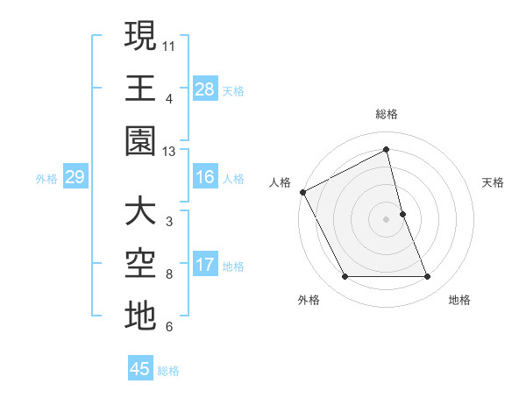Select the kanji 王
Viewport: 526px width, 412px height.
(140, 89)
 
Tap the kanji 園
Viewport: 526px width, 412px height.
(140, 142)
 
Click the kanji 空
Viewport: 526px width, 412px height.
(140, 264)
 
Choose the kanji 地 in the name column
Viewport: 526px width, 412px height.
(140, 317)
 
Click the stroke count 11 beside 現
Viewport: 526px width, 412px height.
(169, 44)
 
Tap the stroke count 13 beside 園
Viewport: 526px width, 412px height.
(169, 152)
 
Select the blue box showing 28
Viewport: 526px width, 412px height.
(205, 89)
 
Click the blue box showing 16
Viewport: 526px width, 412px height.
(205, 178)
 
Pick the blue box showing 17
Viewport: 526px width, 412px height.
(205, 266)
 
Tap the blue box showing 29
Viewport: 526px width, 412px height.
(74, 178)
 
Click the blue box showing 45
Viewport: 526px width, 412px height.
(140, 369)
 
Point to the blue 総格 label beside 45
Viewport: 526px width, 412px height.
(168, 371)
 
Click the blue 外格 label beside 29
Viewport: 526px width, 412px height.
(46, 179)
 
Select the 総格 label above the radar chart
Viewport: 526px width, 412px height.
(387, 114)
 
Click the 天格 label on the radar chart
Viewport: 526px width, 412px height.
(494, 182)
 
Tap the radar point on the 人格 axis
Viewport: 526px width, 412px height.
(303, 191)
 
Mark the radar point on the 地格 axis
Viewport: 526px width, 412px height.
(428, 277)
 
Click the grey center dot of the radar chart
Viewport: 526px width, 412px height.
(387, 219)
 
